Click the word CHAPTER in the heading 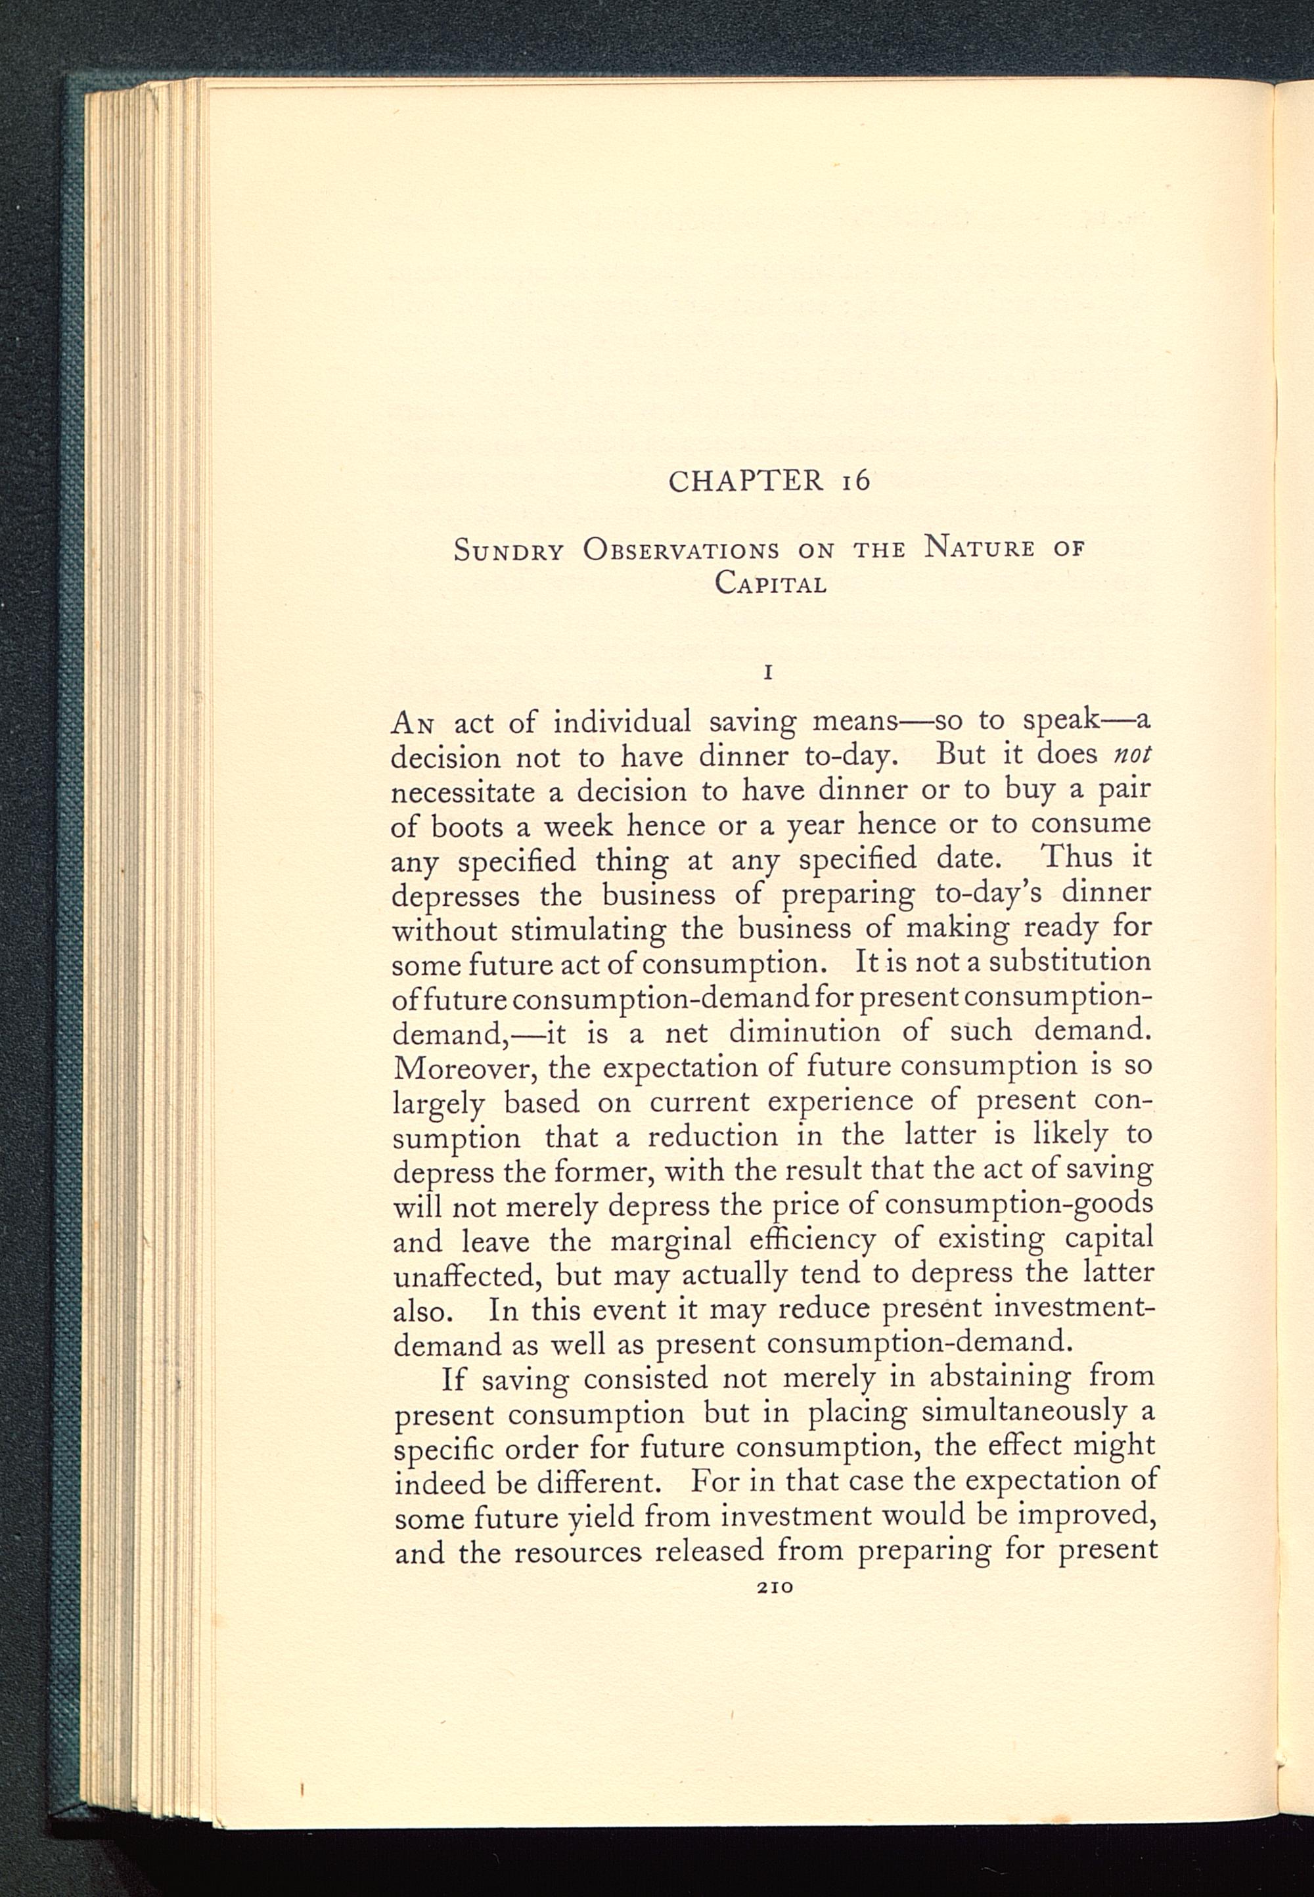tap(746, 480)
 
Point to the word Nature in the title tap(979, 547)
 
